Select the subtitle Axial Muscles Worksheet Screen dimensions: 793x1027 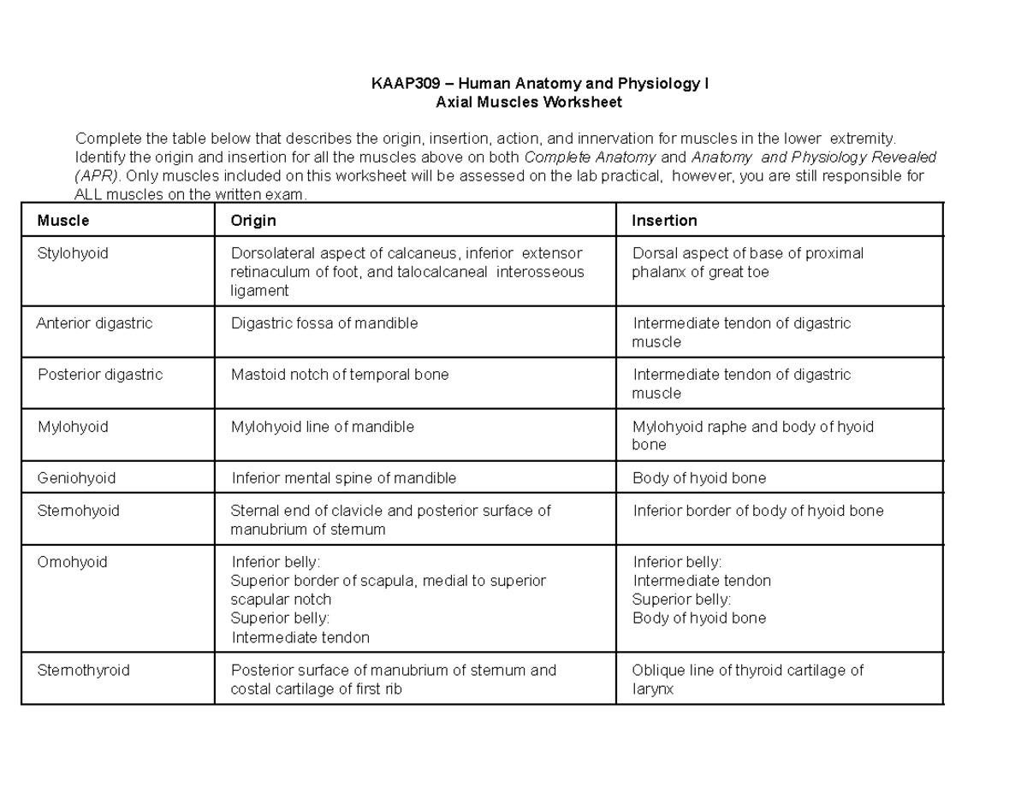[x=528, y=103]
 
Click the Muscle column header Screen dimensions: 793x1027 [x=63, y=221]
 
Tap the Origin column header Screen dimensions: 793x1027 [x=253, y=221]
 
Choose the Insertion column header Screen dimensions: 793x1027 [x=664, y=221]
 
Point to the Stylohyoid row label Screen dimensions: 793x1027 [x=73, y=253]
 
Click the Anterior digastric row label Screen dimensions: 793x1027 [x=94, y=323]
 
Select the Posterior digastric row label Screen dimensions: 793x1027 [x=99, y=375]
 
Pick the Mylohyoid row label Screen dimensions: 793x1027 [x=73, y=426]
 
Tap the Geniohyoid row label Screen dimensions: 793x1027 [x=76, y=477]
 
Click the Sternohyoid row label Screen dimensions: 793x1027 [x=78, y=511]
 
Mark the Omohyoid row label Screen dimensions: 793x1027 [x=71, y=562]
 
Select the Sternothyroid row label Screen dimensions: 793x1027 [x=83, y=670]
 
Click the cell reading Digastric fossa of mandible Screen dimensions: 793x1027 [x=324, y=323]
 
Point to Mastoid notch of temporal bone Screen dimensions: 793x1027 [x=340, y=375]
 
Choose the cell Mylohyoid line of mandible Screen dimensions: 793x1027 [x=323, y=426]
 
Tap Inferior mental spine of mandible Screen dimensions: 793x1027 [x=344, y=477]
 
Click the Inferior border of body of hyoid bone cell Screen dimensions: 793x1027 [x=758, y=511]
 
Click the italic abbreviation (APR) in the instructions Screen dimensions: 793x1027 [x=92, y=176]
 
